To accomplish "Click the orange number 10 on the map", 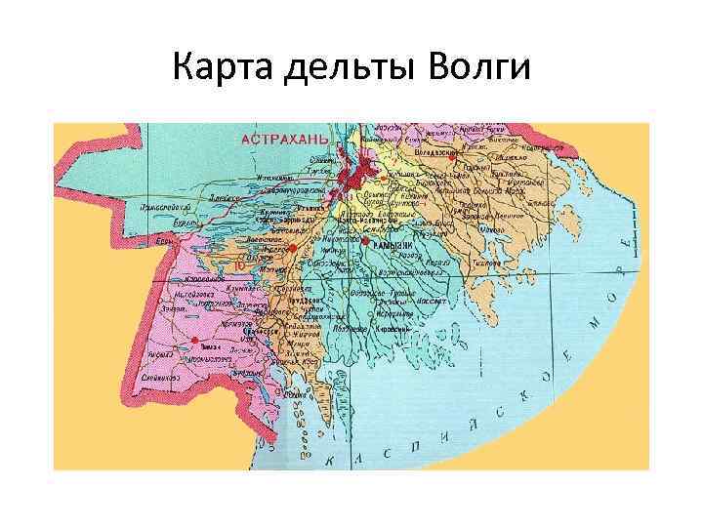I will coord(240,264).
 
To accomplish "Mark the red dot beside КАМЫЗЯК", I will coord(364,240).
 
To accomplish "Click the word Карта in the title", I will coord(224,68).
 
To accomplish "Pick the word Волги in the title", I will coord(479,68).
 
